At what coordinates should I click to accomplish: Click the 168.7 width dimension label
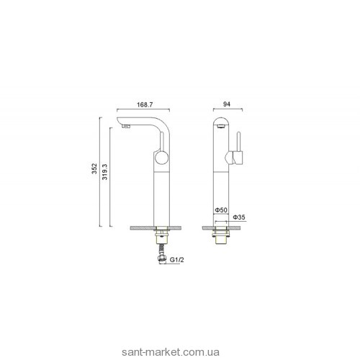(x=145, y=104)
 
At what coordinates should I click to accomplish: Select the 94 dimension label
(x=227, y=104)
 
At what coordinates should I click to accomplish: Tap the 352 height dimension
(x=94, y=168)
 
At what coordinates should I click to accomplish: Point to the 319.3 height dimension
(x=105, y=172)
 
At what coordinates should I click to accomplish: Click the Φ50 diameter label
(x=221, y=210)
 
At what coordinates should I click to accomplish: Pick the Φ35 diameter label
(x=239, y=217)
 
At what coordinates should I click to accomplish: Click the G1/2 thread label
(x=177, y=260)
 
